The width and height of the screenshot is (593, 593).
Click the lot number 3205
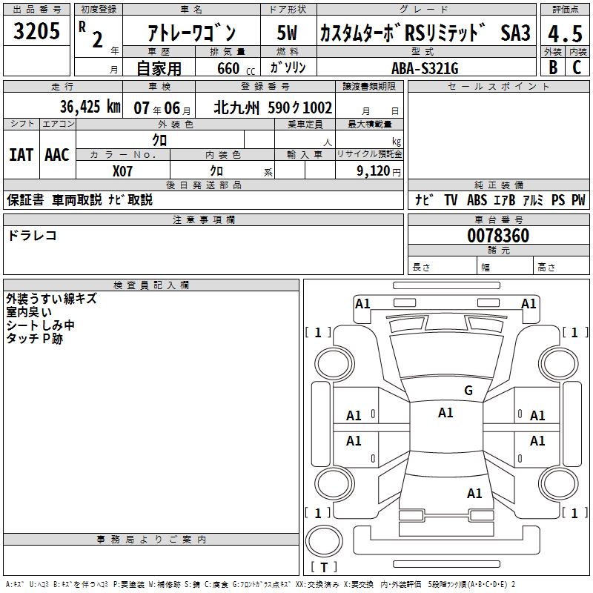coord(36,30)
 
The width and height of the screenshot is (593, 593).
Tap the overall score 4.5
coord(565,33)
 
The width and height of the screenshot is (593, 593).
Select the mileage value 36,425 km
coord(90,107)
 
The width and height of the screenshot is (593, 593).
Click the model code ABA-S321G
coord(425,68)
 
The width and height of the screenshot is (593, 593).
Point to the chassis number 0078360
coord(498,236)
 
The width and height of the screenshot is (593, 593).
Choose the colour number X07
coord(122,171)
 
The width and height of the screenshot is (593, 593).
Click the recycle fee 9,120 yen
coord(379,171)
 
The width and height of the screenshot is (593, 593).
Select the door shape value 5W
coord(287,33)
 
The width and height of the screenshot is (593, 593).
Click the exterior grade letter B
coord(553,67)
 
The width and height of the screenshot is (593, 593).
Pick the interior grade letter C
coord(577,67)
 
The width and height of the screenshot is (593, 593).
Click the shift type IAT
coord(21,155)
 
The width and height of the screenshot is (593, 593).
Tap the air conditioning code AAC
coord(57,155)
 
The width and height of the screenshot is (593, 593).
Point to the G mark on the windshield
coord(468,391)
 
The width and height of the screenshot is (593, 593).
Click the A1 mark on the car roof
coord(445,413)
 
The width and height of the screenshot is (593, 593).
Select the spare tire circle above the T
coord(324,541)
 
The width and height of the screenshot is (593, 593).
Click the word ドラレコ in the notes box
coord(32,236)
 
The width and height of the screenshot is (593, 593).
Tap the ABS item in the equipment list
coord(477,200)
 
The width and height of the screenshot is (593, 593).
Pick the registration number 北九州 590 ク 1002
coord(273,107)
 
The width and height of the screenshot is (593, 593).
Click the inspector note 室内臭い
coord(29,312)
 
